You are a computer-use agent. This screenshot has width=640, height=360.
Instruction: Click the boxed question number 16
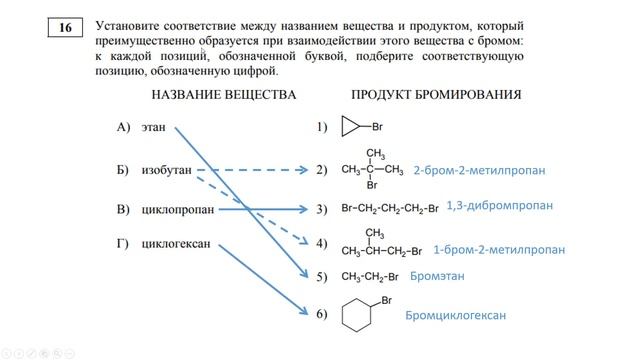tap(65, 28)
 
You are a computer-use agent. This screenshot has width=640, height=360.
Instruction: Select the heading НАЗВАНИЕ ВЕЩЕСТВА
tap(224, 95)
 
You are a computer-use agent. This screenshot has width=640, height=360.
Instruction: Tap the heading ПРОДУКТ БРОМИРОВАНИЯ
tap(436, 95)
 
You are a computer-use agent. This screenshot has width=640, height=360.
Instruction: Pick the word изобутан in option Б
tap(166, 170)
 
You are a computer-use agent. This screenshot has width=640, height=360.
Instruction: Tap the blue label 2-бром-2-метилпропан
tap(479, 171)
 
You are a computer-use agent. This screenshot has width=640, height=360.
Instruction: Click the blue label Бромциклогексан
tap(456, 316)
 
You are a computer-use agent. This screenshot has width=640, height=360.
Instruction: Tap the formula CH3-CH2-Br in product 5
tap(371, 276)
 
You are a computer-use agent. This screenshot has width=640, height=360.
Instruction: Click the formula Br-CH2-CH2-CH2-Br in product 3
tap(389, 209)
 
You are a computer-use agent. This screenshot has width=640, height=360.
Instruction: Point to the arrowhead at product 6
tap(304, 314)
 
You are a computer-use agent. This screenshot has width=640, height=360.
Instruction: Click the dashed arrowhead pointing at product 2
tap(304, 170)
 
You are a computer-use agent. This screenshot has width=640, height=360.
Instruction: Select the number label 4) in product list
tap(321, 243)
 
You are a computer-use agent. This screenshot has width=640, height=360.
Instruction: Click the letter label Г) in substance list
tap(124, 244)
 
